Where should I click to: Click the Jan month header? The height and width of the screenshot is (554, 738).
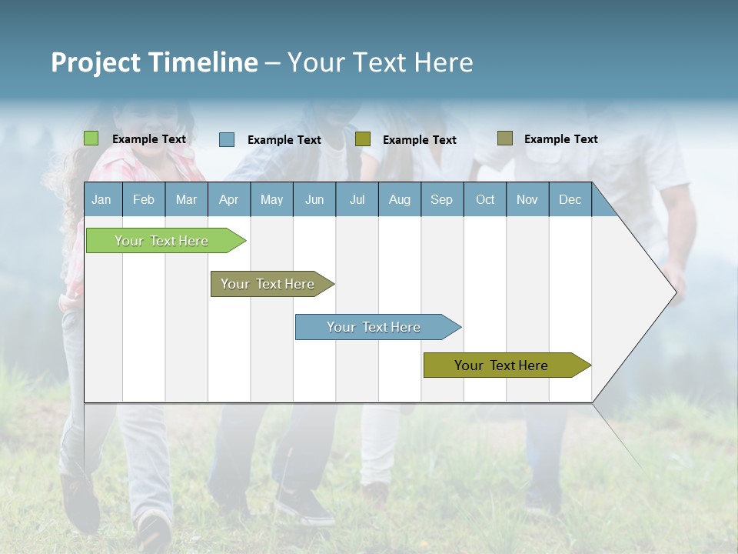(101, 199)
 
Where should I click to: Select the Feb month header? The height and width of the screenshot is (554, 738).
(144, 199)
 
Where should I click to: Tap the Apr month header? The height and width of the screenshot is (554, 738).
(228, 199)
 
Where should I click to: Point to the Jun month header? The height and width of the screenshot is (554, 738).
(314, 199)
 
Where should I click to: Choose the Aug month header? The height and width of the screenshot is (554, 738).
(399, 199)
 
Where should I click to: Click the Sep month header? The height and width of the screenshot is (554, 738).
(441, 199)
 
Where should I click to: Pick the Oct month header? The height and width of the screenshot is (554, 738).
(485, 199)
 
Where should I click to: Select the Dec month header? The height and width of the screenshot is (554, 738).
(570, 199)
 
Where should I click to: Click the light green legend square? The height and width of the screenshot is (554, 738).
(91, 138)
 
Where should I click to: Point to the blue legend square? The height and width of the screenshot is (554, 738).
(227, 139)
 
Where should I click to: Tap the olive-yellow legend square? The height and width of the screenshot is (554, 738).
(363, 138)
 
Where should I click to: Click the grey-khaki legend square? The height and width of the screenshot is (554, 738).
(504, 138)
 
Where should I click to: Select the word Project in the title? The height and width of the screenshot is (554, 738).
(95, 62)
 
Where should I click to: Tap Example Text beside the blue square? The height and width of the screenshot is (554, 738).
(284, 140)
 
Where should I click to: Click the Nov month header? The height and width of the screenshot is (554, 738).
(527, 199)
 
